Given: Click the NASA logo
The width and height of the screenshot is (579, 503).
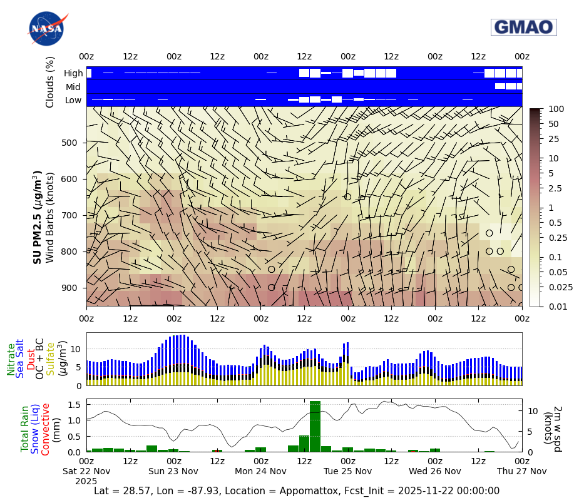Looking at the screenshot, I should (x=46, y=29).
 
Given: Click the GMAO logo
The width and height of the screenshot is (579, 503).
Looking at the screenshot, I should (x=523, y=27).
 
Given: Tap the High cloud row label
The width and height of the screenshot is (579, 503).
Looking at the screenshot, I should (x=73, y=73).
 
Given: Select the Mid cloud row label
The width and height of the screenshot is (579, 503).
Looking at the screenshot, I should (x=74, y=87).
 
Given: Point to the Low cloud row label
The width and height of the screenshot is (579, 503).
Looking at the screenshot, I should (x=73, y=100).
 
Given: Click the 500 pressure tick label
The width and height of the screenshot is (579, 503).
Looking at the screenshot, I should (x=69, y=143).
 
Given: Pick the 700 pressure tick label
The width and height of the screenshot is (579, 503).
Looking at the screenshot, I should (x=69, y=215).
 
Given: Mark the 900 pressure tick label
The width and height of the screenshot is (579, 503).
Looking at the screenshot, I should (x=69, y=288).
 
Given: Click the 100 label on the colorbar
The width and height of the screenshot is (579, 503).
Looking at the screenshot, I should (x=556, y=109).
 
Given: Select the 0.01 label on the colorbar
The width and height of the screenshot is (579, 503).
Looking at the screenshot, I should (x=557, y=307).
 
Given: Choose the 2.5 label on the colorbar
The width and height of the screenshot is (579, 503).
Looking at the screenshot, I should (x=555, y=188).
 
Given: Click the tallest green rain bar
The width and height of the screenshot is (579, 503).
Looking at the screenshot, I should (x=315, y=426).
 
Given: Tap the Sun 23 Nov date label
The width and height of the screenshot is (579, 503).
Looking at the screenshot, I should (x=173, y=471).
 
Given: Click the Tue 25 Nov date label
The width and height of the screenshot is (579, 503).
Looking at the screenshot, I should (x=347, y=471).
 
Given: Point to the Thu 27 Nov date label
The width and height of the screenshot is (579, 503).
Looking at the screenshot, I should (x=521, y=471).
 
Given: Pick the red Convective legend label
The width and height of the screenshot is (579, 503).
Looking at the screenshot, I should (x=46, y=429).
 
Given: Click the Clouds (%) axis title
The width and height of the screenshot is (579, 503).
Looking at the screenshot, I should (x=50, y=82).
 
